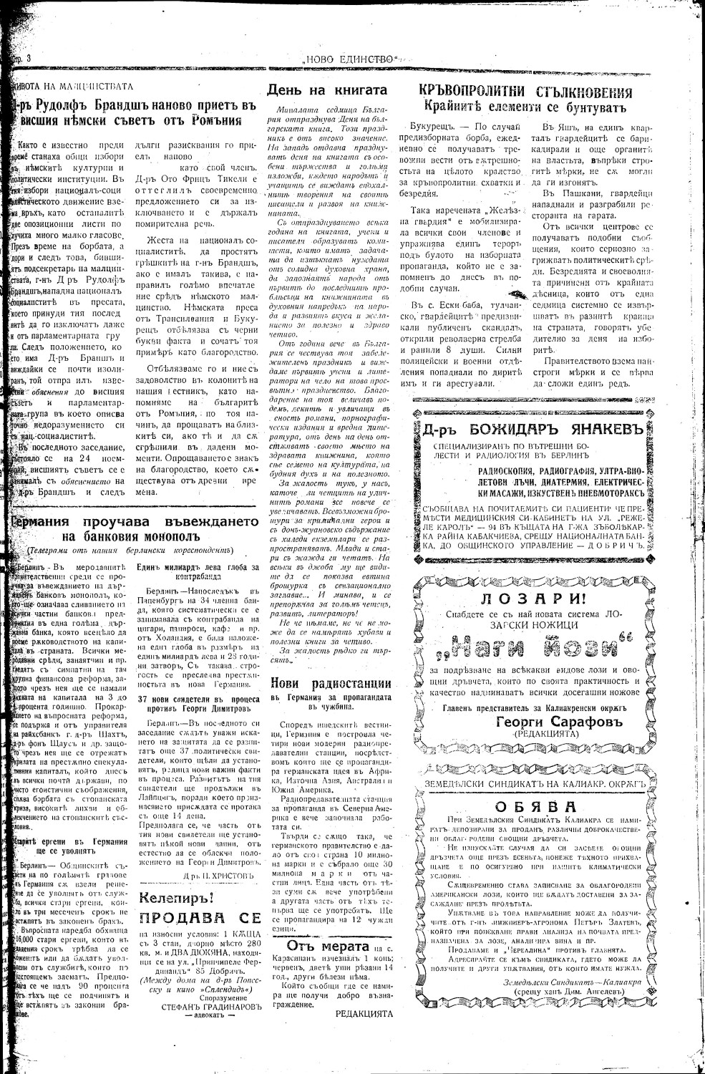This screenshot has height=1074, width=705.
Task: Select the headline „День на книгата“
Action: (327, 90)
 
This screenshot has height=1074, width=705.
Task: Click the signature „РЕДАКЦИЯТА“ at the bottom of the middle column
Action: (364, 1015)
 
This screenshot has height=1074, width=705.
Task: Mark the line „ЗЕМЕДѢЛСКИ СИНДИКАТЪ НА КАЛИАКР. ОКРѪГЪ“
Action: (534, 765)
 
